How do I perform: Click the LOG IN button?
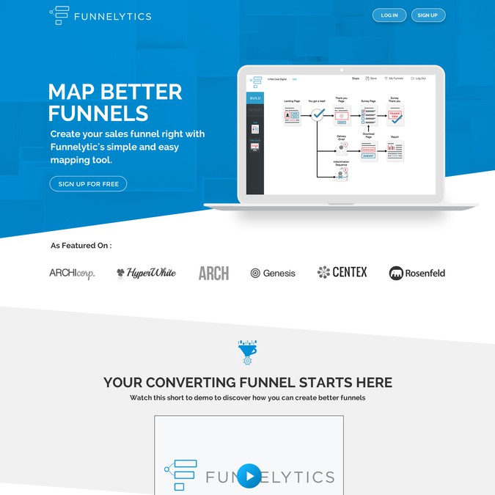point(389,15)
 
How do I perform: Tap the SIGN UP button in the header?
point(428,15)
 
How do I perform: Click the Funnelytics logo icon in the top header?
point(59,15)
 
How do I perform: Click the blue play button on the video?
point(249,476)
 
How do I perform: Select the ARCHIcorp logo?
point(72,274)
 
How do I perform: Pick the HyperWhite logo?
point(146,274)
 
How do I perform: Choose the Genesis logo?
point(273,274)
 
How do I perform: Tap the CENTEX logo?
point(342,273)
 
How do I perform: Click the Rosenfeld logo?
point(417,274)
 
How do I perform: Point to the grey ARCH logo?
point(213,274)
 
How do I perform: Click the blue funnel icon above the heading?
point(247,351)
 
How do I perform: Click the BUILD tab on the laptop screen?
point(255,98)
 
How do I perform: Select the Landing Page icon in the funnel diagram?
point(292,115)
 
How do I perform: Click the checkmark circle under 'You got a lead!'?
point(318,115)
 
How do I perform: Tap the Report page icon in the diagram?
point(395,150)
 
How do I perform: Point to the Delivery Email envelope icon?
point(342,147)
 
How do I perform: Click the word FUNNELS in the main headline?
point(98,114)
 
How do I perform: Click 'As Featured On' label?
point(81,246)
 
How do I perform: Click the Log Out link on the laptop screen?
point(419,78)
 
